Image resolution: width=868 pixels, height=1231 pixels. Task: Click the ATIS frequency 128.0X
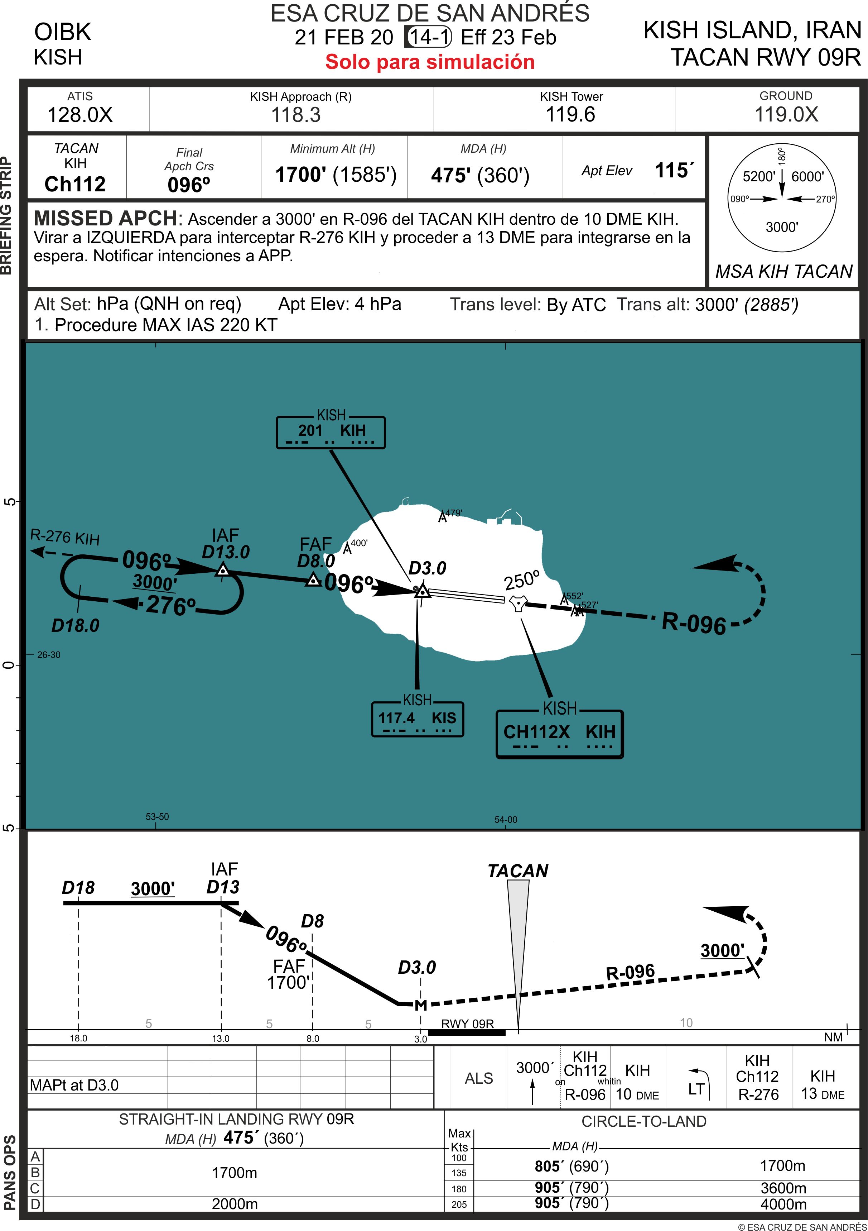[80, 115]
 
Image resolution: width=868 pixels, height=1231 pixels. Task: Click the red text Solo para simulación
[430, 62]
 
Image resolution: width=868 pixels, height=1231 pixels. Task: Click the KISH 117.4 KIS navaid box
[418, 719]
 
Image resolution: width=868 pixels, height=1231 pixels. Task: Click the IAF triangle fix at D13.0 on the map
[223, 571]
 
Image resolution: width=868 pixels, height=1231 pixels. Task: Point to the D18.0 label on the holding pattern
[76, 625]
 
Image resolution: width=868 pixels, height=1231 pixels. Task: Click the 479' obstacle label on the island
[453, 513]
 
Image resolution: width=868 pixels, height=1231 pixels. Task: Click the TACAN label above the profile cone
[517, 871]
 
